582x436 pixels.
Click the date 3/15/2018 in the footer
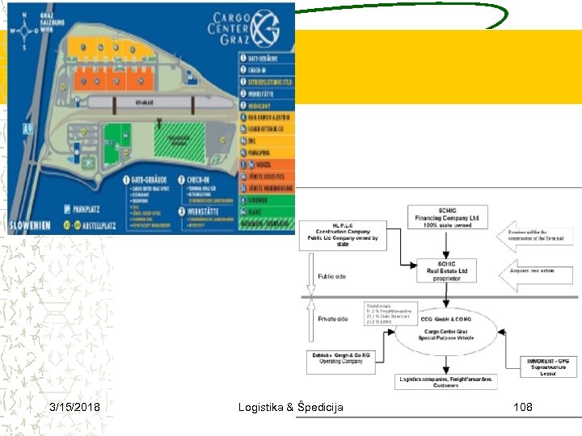click(x=74, y=407)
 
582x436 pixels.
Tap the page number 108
click(x=523, y=407)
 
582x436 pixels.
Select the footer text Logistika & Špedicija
click(x=291, y=407)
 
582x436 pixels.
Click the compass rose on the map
click(x=29, y=31)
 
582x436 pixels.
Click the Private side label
click(x=333, y=319)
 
